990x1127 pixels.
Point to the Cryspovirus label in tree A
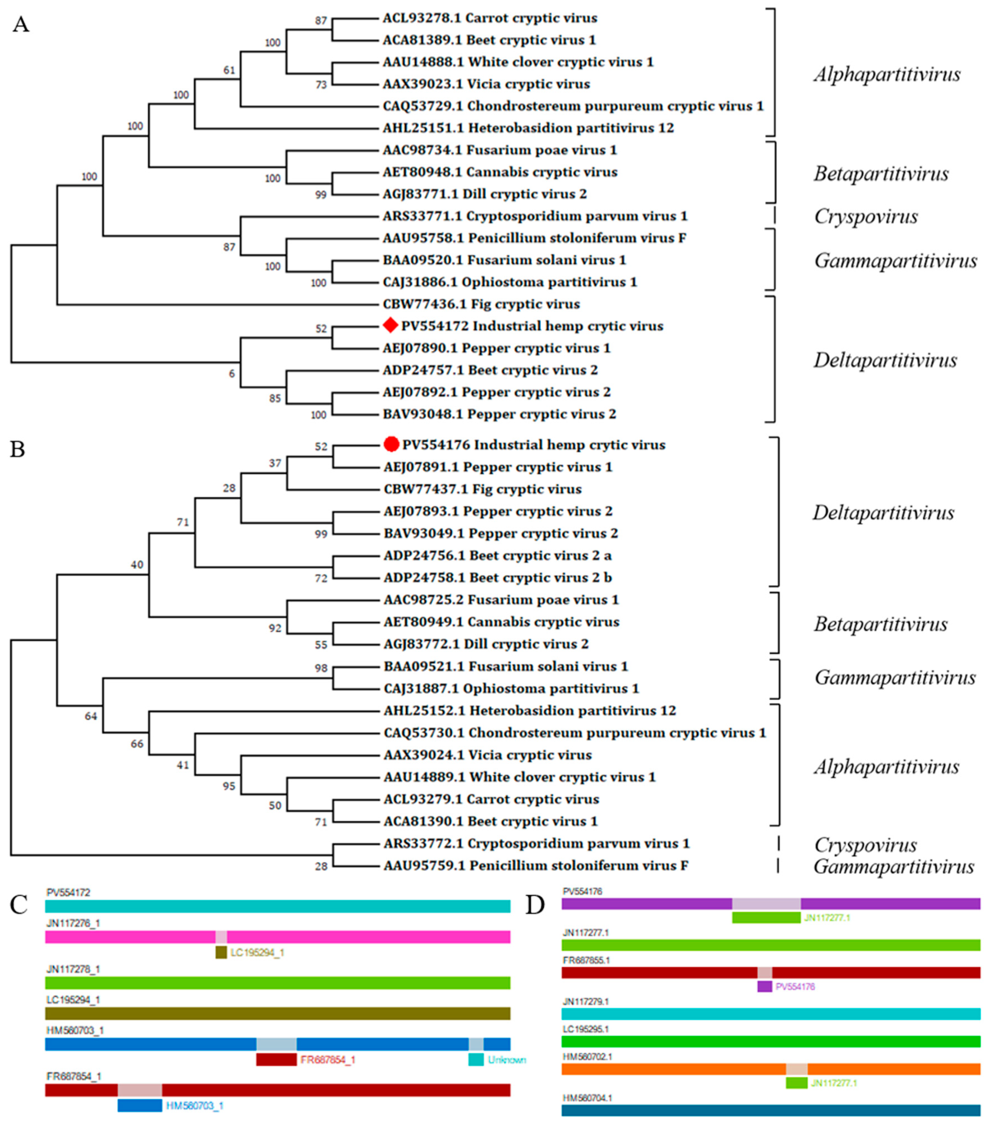click(865, 216)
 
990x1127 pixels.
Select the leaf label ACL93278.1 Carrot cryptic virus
click(490, 18)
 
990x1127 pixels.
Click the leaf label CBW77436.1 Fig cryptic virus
click(481, 304)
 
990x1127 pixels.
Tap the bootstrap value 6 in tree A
click(232, 374)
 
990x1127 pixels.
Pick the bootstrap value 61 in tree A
click(229, 70)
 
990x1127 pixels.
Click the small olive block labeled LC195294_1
click(221, 952)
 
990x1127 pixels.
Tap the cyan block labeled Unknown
click(476, 1059)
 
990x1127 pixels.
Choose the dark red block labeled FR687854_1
click(276, 1059)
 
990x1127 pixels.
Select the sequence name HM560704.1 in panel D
click(587, 1098)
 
